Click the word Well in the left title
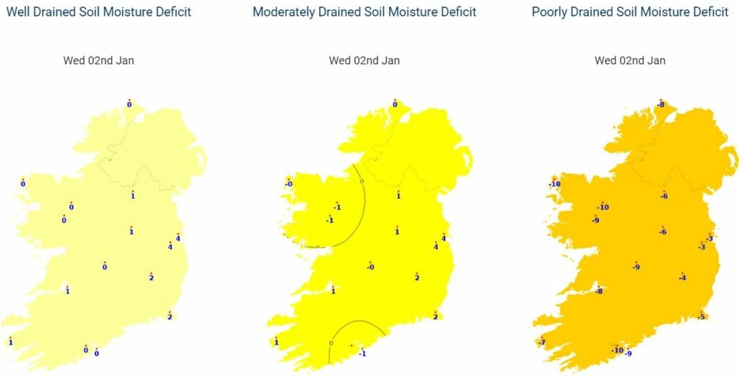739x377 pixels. click(x=19, y=12)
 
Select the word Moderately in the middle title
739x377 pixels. click(x=284, y=12)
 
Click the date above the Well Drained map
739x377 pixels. click(x=99, y=61)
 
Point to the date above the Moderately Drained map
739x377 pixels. click(x=364, y=61)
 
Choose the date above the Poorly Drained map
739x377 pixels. click(x=630, y=61)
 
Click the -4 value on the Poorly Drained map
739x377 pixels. click(x=682, y=278)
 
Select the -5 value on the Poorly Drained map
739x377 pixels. click(x=701, y=316)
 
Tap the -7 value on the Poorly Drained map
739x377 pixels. click(x=541, y=342)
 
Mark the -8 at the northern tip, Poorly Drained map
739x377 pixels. click(x=660, y=105)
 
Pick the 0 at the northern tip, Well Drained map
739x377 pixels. click(x=129, y=105)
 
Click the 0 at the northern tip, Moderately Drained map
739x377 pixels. click(x=395, y=105)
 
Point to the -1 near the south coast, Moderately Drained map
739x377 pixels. click(x=362, y=353)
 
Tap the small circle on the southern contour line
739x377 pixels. click(x=331, y=342)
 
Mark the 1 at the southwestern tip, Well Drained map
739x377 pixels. click(x=11, y=342)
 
